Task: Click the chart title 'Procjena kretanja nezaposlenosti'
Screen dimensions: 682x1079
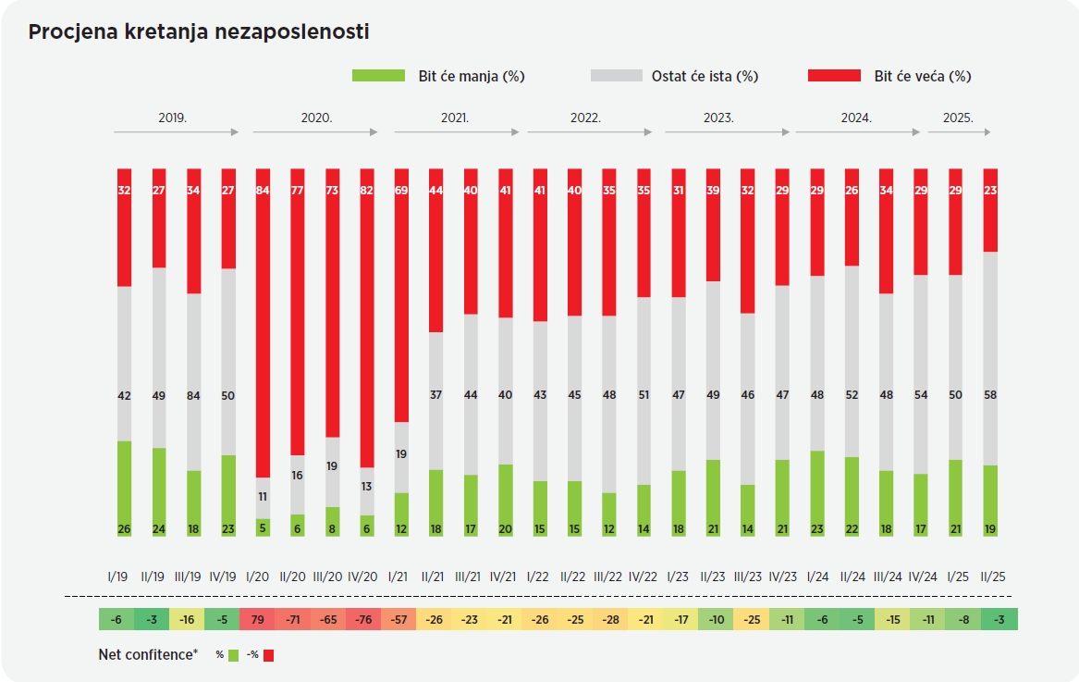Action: click(x=199, y=32)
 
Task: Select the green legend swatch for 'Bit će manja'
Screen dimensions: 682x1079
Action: click(x=379, y=76)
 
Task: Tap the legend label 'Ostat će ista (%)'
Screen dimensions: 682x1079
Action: click(x=705, y=77)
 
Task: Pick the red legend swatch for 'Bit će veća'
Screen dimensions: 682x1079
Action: click(x=835, y=76)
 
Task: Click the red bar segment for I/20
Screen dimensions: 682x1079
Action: click(x=263, y=324)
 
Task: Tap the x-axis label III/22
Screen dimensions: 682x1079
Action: click(x=608, y=576)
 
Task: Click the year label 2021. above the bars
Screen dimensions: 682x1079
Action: click(x=455, y=118)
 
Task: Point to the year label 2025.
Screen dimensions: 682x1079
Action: click(x=958, y=118)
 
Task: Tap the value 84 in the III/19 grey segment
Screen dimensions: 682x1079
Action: click(x=193, y=396)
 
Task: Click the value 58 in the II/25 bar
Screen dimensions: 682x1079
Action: click(x=991, y=396)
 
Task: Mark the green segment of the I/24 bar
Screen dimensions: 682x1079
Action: click(x=817, y=493)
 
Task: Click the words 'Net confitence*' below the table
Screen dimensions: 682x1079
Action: click(x=148, y=654)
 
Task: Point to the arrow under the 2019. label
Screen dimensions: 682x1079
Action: click(x=176, y=133)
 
